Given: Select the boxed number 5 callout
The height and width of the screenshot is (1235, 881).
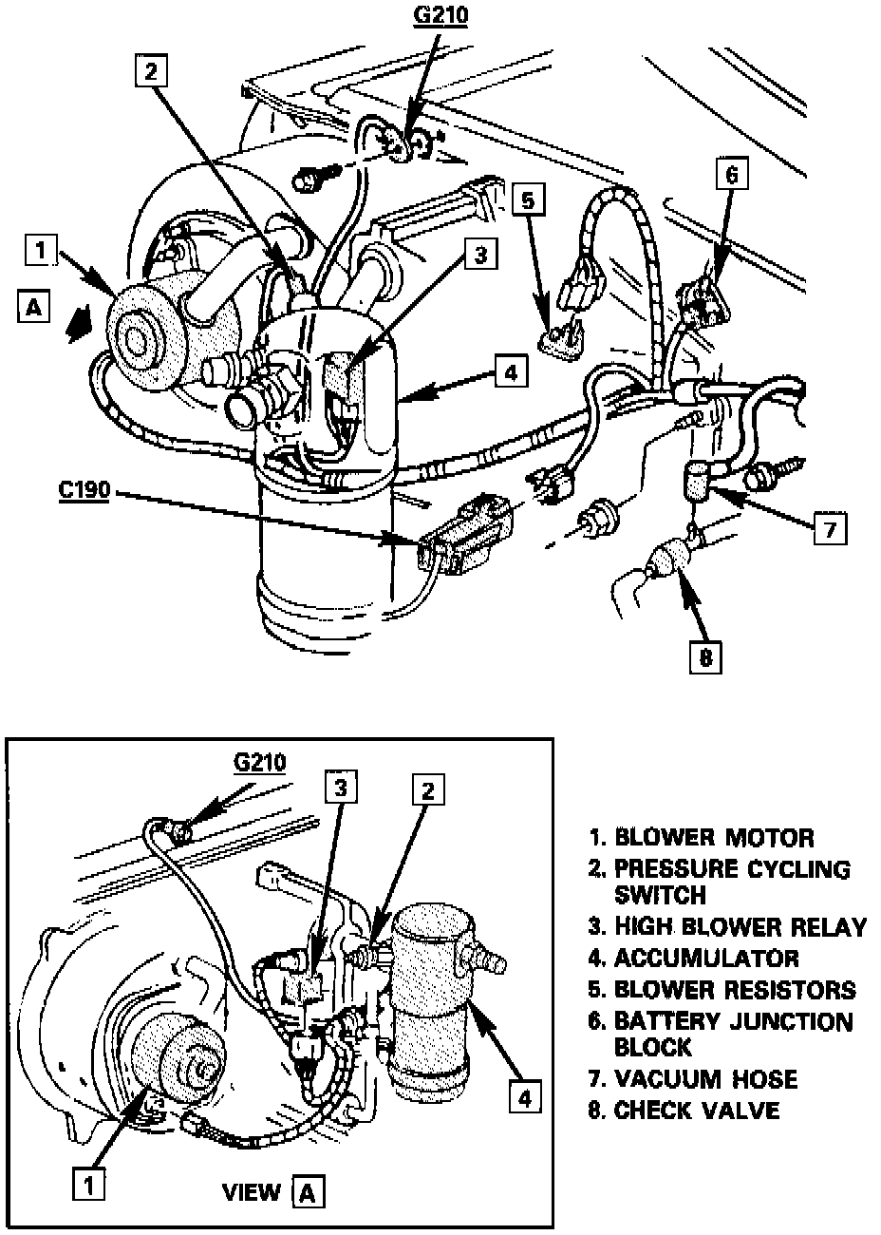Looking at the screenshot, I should click(x=530, y=200).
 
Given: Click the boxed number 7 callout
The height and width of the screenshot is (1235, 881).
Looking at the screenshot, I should click(x=830, y=529).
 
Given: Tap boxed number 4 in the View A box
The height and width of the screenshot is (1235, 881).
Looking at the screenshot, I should click(x=523, y=1097).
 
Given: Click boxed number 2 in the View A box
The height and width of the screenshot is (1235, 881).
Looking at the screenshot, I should click(x=429, y=790).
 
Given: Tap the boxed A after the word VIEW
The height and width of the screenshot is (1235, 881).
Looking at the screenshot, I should click(x=308, y=1192).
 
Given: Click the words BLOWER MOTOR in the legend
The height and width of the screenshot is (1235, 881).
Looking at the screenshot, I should click(x=714, y=838).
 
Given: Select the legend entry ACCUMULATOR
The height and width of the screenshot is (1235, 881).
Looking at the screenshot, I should click(x=707, y=958).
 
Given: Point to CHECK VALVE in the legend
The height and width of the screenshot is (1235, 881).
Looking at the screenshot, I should click(x=697, y=1110).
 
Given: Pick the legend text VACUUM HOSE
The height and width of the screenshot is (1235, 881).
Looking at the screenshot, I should click(x=705, y=1079).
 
